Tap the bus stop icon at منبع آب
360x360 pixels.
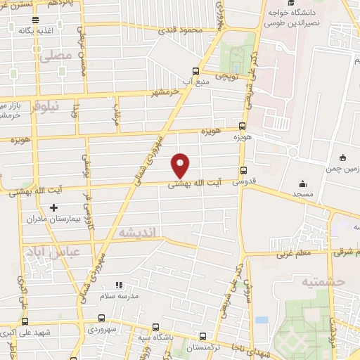point(196,70)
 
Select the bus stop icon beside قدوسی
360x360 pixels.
point(243,169)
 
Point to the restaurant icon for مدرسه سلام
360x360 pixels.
point(119,285)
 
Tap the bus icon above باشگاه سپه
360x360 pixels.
point(155,327)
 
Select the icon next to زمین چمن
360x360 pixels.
point(342,156)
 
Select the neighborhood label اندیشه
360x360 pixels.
point(136,231)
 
